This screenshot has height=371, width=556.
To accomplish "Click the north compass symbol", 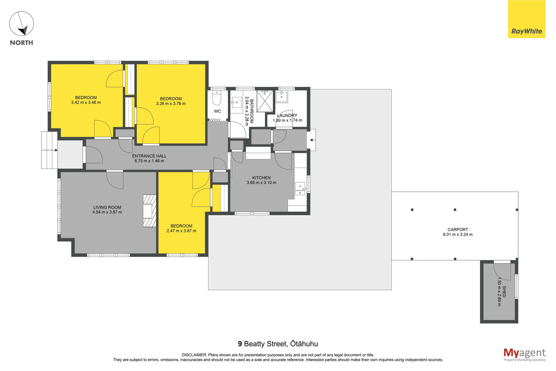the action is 21,24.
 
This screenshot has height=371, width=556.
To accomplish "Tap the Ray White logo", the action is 527,19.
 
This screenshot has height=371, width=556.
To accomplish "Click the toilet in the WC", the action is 217,98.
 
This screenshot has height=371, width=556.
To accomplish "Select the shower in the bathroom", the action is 265,101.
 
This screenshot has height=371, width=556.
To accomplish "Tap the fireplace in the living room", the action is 149,211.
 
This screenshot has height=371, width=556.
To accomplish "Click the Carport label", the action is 458,230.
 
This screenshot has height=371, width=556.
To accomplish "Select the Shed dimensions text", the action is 499,292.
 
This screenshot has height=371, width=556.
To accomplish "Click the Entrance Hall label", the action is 149,156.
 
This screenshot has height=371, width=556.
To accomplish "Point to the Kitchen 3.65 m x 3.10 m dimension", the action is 261,183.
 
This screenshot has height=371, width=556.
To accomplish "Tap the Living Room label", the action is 107,207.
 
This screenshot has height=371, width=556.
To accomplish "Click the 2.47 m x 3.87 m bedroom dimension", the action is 182,231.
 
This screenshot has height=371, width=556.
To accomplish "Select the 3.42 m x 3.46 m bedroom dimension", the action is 86,102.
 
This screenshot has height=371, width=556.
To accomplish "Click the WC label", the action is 217,111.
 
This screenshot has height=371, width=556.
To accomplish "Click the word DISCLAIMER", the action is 194,355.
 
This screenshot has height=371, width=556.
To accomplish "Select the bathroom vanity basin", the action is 237,102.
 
